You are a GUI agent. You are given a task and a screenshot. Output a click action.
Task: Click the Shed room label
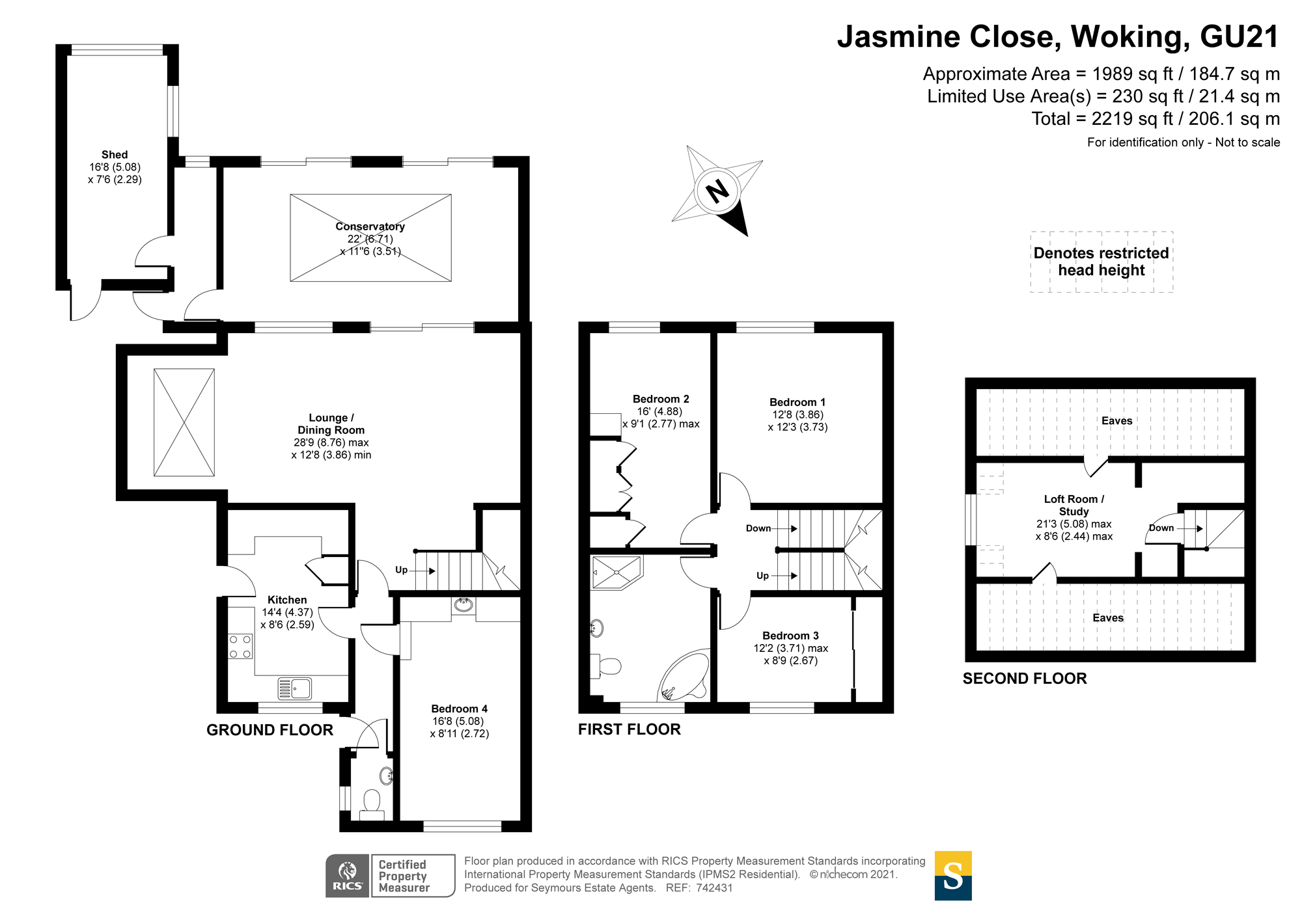coord(115,155)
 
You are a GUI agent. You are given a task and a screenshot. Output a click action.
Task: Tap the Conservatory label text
coord(370,226)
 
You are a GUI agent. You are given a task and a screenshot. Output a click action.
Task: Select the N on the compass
coord(717,191)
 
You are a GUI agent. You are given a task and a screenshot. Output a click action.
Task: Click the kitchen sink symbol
coord(295,688)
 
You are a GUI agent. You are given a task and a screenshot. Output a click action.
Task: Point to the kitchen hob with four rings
coord(240,646)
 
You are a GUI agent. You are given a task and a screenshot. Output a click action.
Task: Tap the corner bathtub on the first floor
coord(684,675)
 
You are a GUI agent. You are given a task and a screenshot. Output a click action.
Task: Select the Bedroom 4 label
coord(459,709)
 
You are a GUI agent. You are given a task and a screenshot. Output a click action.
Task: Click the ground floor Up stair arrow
coord(423,571)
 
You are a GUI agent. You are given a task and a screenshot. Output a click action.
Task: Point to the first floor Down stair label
coord(758,528)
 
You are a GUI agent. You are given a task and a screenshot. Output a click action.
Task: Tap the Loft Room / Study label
coord(1074,506)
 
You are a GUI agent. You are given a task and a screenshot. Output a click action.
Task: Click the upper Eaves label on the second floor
coord(1117,421)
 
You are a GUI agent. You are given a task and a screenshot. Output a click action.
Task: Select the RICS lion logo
coord(348,876)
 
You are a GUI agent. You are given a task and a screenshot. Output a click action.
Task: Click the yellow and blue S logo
coord(953,876)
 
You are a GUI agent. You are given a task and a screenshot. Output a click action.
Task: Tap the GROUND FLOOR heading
coord(270,730)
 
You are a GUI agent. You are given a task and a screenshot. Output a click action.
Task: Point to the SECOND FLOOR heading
coord(1025,679)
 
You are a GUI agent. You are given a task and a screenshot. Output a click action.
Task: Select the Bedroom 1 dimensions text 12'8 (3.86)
coord(797,414)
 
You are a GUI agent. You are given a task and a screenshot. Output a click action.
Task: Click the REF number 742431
coord(715,887)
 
